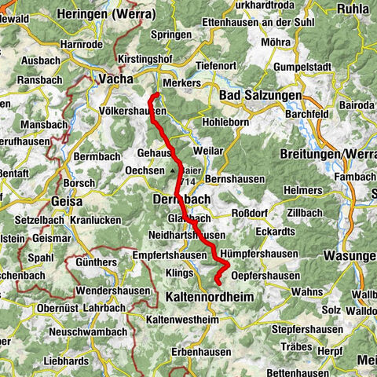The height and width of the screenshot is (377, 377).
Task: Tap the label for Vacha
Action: click(x=115, y=79)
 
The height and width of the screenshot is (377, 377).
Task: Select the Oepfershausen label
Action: click(x=266, y=276)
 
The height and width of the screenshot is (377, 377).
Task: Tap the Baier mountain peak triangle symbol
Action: click(x=172, y=169)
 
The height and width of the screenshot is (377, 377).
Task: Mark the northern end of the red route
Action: click(x=155, y=95)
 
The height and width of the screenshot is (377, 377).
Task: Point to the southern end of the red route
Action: click(x=217, y=291)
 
